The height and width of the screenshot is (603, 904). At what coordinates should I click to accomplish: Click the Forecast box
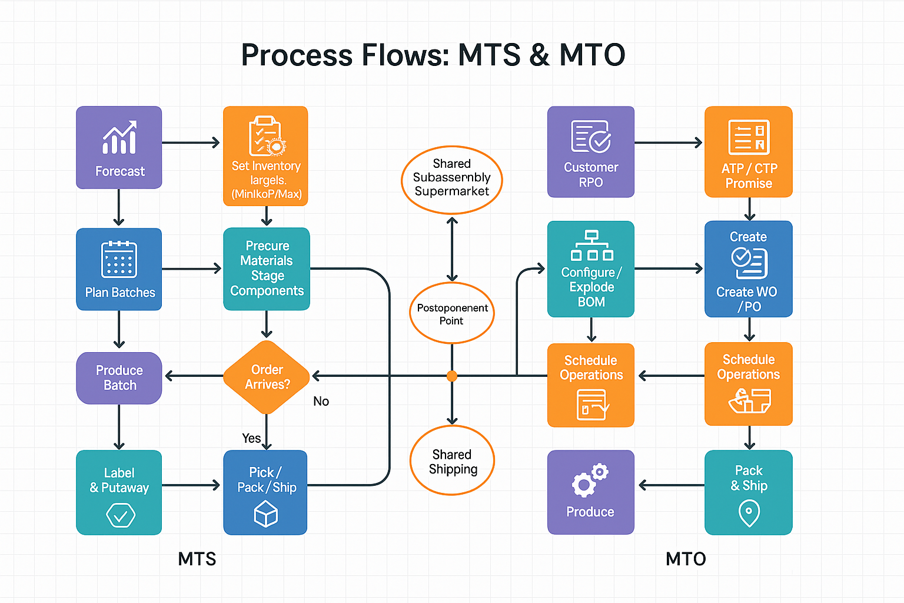click(x=119, y=147)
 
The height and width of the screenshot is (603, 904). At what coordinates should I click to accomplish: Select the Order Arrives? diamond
click(x=267, y=377)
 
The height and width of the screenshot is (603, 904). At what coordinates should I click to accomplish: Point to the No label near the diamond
click(x=321, y=402)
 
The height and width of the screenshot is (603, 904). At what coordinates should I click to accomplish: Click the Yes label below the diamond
click(x=251, y=438)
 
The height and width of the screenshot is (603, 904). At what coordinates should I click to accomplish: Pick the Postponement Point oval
click(x=451, y=313)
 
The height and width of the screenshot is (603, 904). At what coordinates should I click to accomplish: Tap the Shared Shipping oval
click(x=451, y=460)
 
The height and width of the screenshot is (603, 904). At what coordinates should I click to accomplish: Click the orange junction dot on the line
click(x=451, y=376)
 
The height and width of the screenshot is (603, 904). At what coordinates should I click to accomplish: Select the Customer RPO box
click(x=590, y=152)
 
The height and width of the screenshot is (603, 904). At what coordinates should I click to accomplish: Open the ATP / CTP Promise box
click(x=748, y=152)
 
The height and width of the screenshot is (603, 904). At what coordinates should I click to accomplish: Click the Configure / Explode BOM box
click(x=590, y=269)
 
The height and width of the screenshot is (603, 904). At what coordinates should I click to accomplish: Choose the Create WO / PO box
click(x=748, y=269)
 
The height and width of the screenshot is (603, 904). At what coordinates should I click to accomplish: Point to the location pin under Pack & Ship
click(x=749, y=512)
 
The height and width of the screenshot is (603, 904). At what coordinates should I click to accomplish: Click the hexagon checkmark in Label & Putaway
click(x=120, y=516)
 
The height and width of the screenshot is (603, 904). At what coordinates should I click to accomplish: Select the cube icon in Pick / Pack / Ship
click(x=265, y=514)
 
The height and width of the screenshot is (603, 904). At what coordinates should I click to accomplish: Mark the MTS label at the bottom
click(x=197, y=559)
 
